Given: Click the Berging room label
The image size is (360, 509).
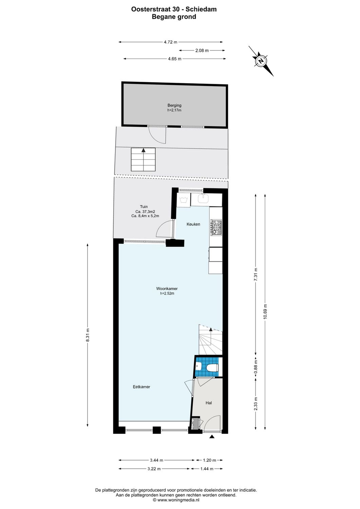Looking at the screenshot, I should click(174, 106).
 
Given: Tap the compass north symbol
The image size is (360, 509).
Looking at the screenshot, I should click(261, 61).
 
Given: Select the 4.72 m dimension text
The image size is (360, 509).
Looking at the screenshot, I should click(170, 42).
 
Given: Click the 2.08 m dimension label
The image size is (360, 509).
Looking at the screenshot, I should click(202, 51).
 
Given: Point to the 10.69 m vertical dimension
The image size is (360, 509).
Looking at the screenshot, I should click(265, 311).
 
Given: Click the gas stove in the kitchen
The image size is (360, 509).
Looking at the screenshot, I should click(216, 227).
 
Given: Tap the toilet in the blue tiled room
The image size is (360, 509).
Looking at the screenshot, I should click(212, 367).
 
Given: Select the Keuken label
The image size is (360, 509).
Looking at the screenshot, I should click(193, 224).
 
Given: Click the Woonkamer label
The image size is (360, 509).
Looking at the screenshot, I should click(167, 289).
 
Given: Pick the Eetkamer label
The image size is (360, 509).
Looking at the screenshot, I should click(141, 387).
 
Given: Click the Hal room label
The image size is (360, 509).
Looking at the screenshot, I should click(209, 403).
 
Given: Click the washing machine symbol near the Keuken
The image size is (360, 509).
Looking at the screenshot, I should click(184, 200).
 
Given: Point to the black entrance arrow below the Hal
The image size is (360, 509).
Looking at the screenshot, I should click(212, 437).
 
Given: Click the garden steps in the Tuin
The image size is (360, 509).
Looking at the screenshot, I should click(143, 159).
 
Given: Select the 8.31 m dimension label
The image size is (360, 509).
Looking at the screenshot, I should click(88, 335).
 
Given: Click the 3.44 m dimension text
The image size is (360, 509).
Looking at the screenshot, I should click(156, 460).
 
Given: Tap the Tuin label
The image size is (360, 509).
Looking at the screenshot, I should click(144, 207).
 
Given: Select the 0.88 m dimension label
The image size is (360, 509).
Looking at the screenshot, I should click(256, 367).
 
